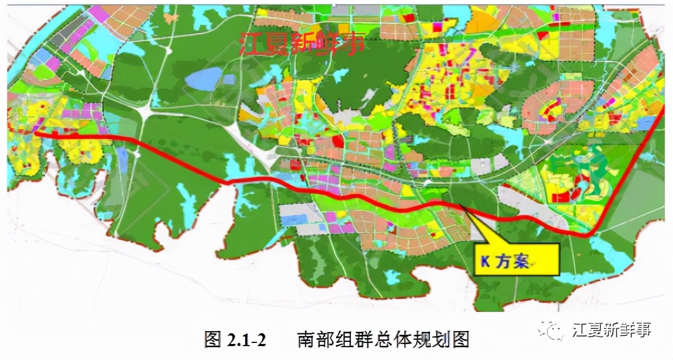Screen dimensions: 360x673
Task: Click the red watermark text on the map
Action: [x=302, y=43]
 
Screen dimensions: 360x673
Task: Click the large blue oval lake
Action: [x=202, y=79]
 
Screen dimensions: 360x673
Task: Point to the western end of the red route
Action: [x=36, y=134]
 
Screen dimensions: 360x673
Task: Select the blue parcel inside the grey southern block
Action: [x=294, y=220]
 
